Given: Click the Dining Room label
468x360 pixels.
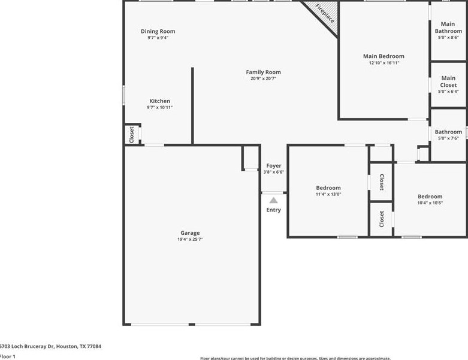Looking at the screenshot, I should pos(158,31).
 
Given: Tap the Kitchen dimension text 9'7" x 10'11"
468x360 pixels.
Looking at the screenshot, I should pos(159,108).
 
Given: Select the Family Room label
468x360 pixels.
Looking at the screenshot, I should pos(263,72).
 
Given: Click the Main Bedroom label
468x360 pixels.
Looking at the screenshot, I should pos(384,56).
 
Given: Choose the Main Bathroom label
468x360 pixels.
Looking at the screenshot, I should pos(448,28).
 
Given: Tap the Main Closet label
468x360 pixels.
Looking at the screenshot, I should pos(448,81).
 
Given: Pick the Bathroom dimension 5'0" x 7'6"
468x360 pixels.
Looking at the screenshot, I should pos(448,138).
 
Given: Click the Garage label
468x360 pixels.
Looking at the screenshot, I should pos(190,233).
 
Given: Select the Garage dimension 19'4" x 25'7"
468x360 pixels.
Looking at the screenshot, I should pos(190,240).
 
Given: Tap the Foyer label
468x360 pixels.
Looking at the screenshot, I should pos(273,166).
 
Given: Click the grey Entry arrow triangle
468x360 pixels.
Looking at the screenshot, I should pos(273,200).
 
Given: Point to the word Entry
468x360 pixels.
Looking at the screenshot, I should pos(273,210).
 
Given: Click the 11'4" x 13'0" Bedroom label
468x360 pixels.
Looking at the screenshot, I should pos(328,188).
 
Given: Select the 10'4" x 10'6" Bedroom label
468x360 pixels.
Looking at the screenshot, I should pos(430,196).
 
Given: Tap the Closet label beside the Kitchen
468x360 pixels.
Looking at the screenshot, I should pos(132,134).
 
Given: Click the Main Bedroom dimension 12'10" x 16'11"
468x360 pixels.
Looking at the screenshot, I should pos(384,63).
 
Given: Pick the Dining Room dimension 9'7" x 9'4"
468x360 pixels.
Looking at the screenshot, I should pos(158,38).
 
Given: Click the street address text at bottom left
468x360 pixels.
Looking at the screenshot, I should pos(50,346).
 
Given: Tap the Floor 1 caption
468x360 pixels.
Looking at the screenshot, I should pos(8,356).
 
